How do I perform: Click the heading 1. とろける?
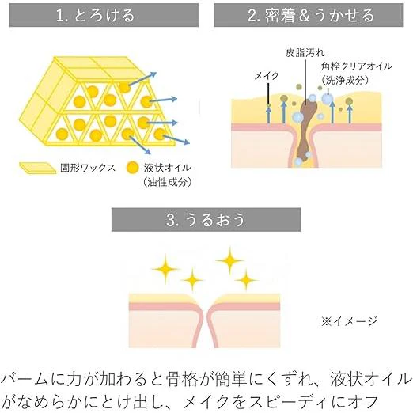click(x=95, y=15)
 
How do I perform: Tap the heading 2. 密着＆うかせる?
click(x=311, y=15)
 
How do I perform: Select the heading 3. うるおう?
click(x=206, y=220)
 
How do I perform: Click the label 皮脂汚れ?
click(x=305, y=53)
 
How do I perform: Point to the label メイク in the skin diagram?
click(x=267, y=76)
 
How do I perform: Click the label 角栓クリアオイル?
click(x=356, y=66)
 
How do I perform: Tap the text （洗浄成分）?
click(x=345, y=80)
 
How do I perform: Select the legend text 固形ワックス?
click(x=88, y=168)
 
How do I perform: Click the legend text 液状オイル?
click(x=167, y=168)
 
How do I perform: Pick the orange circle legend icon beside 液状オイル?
click(x=132, y=168)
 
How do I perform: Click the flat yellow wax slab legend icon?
click(x=38, y=168)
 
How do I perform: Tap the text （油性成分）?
click(x=167, y=182)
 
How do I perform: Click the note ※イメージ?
click(x=350, y=321)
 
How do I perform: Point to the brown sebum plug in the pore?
click(x=305, y=129)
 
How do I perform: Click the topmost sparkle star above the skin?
click(x=229, y=260)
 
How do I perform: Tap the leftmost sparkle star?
click(x=165, y=269)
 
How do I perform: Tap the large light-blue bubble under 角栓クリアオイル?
click(x=328, y=99)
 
